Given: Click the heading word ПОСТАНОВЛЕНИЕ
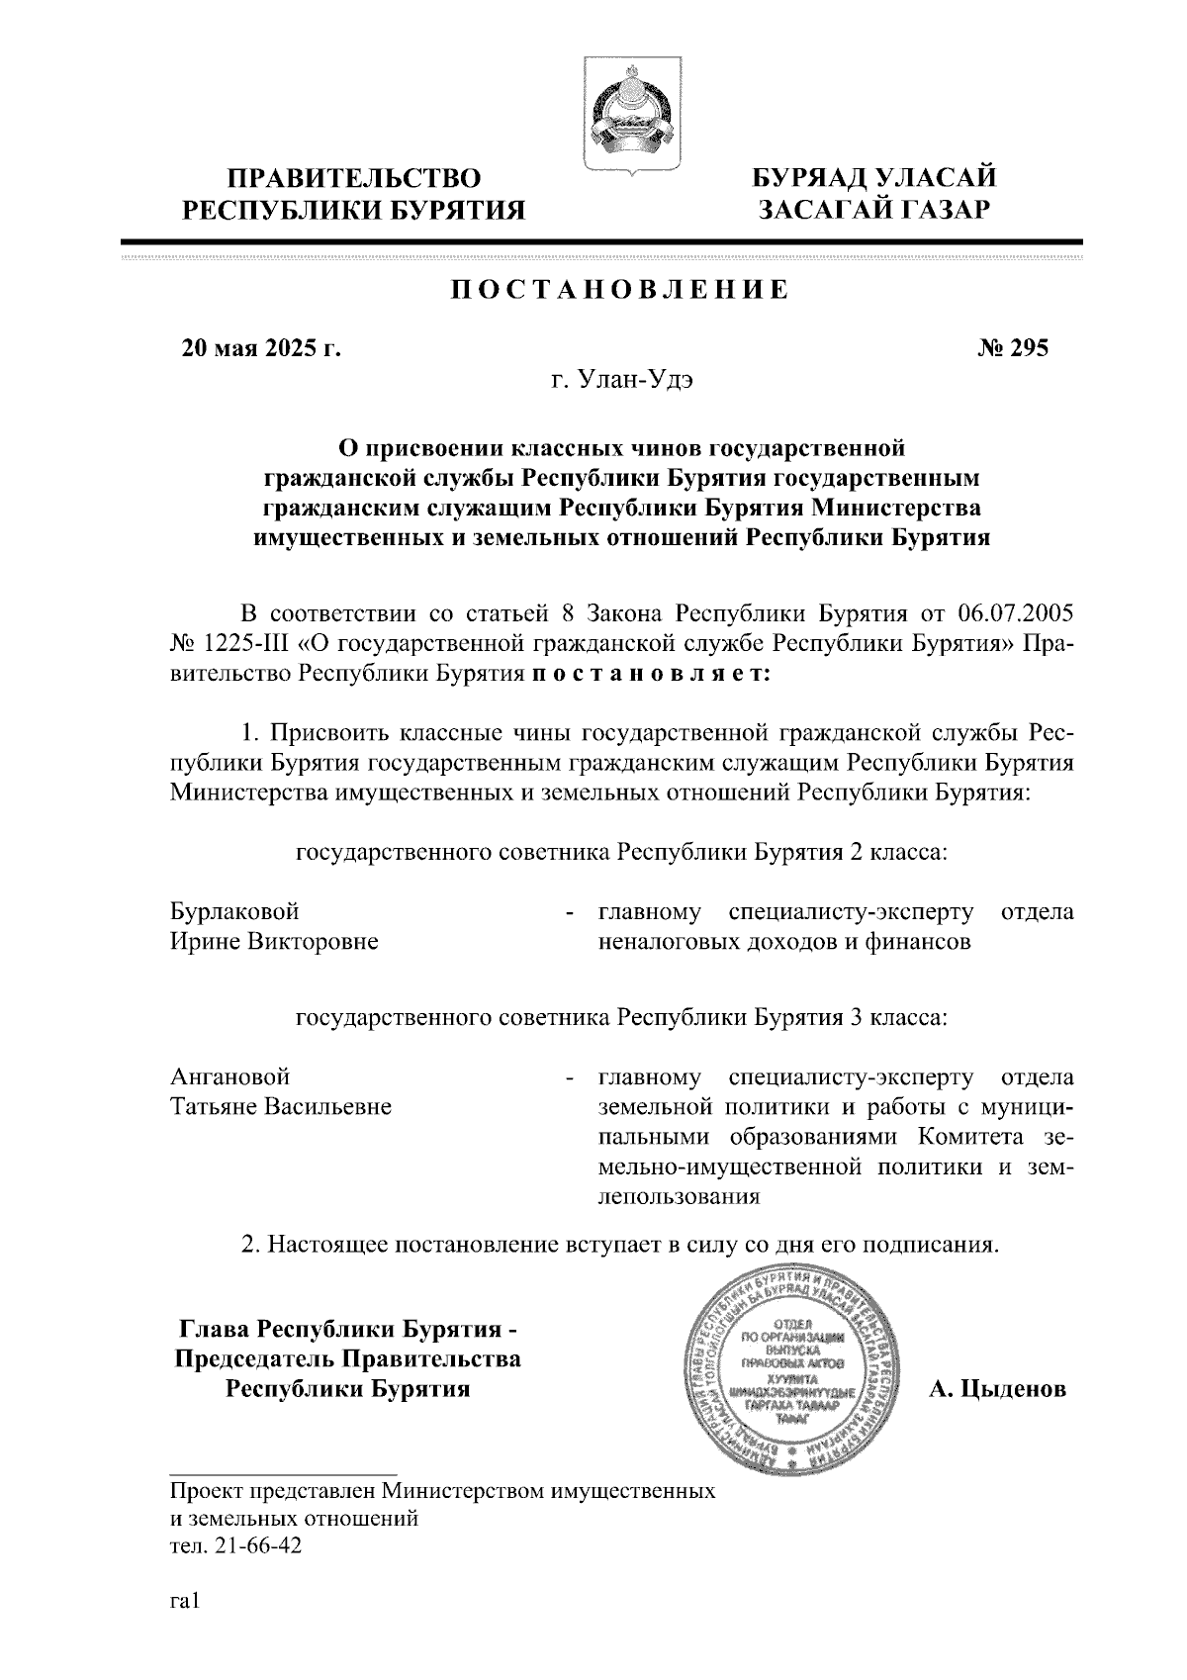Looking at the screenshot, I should tap(620, 290).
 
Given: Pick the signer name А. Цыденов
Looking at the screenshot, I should tap(997, 1389).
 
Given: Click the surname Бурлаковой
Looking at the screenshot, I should tap(234, 911).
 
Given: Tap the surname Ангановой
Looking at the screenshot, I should tap(230, 1075).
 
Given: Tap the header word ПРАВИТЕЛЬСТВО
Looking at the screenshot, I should tap(355, 178).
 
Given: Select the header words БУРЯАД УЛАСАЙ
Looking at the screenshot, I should tap(874, 178).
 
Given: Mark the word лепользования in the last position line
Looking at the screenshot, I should tap(679, 1196).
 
